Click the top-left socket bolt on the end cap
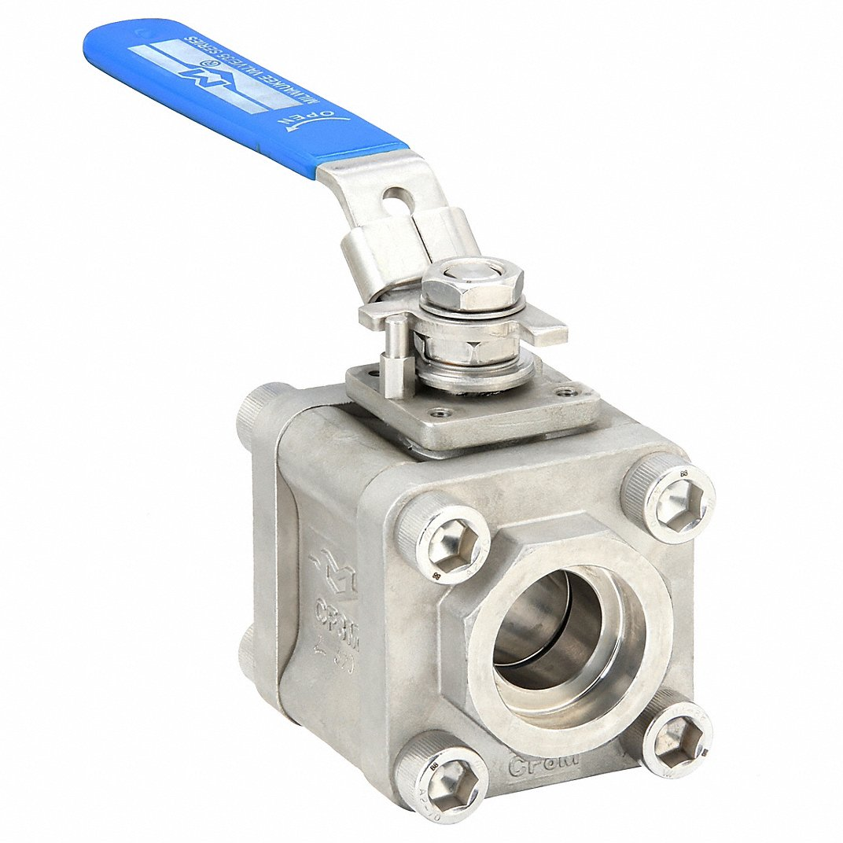coord(444,542)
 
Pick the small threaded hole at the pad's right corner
coord(564,390)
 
